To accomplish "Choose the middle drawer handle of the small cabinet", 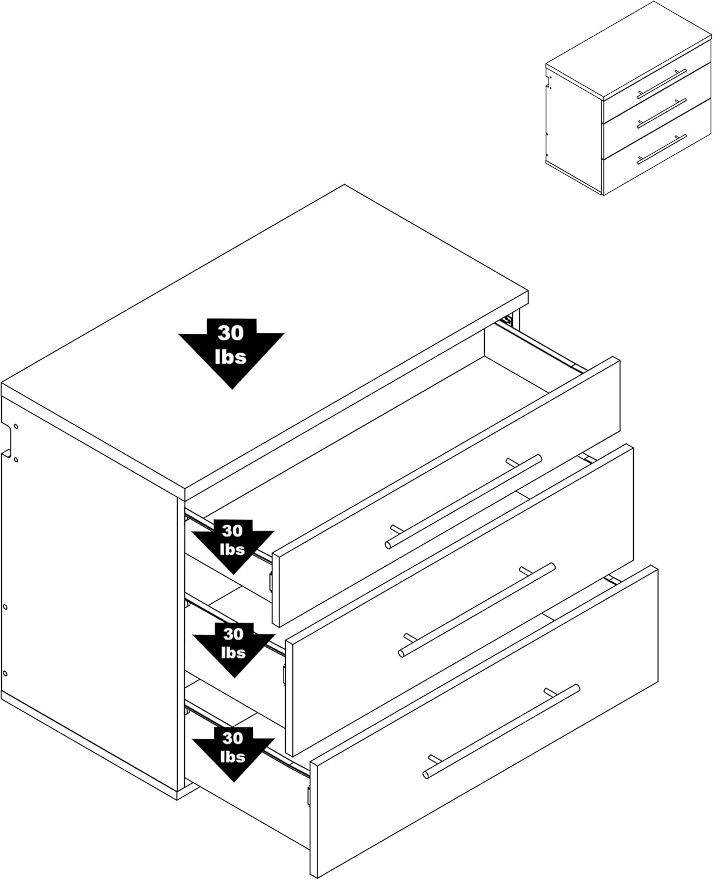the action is point(661,111).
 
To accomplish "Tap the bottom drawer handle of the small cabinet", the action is point(661,148).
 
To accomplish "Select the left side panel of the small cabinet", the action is point(572,129).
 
